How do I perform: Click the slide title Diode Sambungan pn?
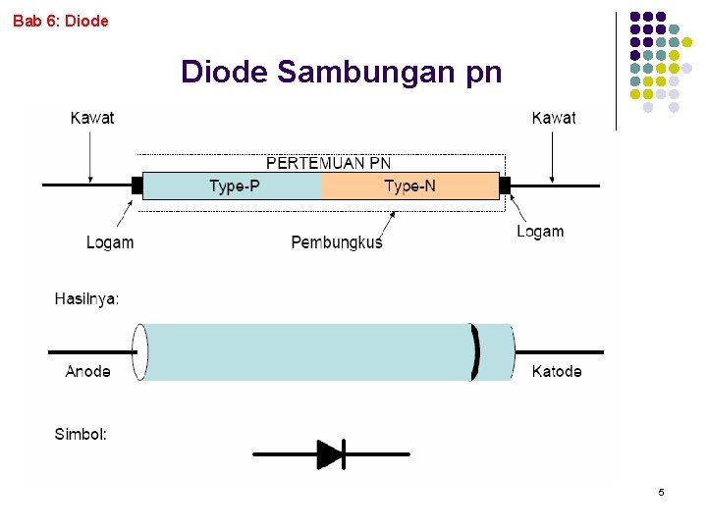tap(341, 72)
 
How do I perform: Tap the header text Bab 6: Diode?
tap(61, 20)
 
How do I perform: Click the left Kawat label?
tap(92, 118)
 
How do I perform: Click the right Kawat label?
tap(554, 118)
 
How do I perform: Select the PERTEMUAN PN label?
tap(328, 163)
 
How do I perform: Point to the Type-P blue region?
tap(234, 185)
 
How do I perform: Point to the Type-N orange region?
tap(410, 185)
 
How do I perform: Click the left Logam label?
tap(110, 242)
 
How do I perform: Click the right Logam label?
tap(540, 232)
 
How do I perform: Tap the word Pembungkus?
tap(337, 242)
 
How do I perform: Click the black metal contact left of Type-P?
tap(137, 185)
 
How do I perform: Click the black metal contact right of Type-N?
tap(505, 185)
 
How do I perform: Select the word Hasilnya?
tap(86, 298)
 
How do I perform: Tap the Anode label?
tap(87, 371)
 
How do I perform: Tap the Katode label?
tap(557, 371)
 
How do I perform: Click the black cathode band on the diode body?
tap(476, 351)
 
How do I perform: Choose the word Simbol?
tap(81, 433)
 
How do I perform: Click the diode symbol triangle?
tap(329, 454)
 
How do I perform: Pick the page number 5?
tap(661, 492)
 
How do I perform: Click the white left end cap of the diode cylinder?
tap(139, 351)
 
